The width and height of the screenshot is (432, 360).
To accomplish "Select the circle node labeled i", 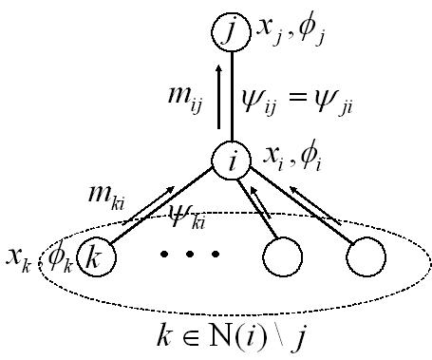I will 230,161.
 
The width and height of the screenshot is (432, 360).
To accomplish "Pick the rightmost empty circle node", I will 366,256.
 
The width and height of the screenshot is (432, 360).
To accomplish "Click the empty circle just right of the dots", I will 283,256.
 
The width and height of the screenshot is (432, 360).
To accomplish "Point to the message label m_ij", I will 183,98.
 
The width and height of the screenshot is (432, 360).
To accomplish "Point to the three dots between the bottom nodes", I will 195,255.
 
